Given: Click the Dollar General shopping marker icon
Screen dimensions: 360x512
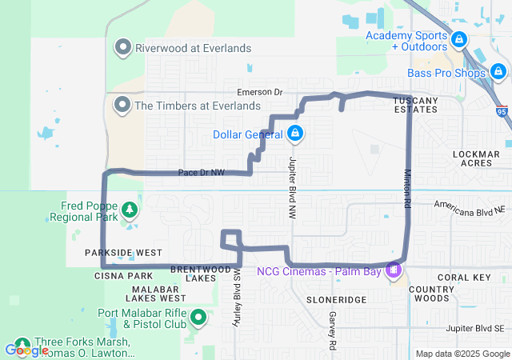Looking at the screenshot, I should click(295, 133).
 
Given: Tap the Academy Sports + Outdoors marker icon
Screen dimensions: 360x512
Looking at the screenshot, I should click(458, 38).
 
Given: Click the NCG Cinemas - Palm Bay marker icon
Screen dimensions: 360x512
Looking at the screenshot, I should click(393, 270).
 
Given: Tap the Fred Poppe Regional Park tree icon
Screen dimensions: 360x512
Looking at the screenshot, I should click(128, 210).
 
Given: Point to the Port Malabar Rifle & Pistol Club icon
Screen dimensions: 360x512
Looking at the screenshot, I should click(199, 318).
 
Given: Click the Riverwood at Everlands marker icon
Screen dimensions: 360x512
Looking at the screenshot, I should click(123, 48).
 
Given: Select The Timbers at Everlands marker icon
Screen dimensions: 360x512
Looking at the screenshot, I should click(123, 105).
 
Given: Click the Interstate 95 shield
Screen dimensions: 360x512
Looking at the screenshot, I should click(501, 113).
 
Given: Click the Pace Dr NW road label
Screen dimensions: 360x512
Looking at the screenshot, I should click(202, 172).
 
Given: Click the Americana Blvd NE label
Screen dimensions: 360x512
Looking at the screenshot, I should click(470, 206).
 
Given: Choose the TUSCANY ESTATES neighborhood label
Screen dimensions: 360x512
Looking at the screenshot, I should click(416, 105).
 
